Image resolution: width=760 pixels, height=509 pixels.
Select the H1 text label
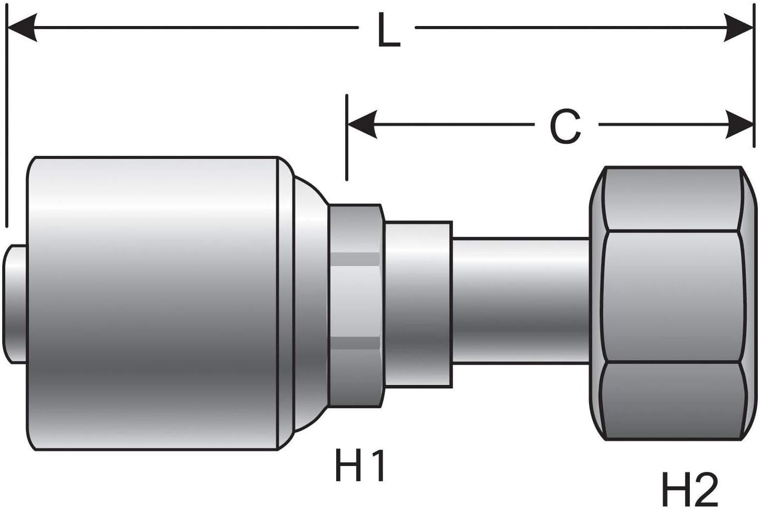(360, 465)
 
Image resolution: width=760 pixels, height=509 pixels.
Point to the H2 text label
(689, 489)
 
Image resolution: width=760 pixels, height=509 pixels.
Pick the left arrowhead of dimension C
(362, 125)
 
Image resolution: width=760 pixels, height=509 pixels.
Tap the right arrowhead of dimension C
(739, 125)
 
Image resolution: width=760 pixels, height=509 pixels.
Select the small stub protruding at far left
(14, 304)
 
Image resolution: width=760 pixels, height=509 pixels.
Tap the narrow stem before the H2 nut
(520, 301)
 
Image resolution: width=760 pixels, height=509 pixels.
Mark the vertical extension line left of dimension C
(347, 138)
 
